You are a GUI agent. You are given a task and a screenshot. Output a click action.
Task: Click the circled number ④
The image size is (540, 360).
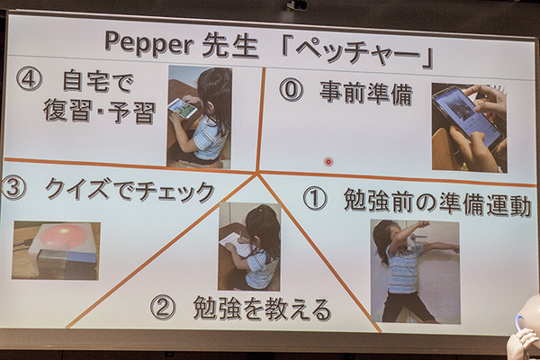[29, 79]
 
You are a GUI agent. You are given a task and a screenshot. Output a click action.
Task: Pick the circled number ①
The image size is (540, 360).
[314, 199]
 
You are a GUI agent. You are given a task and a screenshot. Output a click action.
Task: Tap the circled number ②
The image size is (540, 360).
[162, 308]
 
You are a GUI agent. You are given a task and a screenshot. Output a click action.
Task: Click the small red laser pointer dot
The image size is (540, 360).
[328, 162]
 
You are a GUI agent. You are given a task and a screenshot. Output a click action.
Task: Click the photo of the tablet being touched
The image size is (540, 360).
[468, 127]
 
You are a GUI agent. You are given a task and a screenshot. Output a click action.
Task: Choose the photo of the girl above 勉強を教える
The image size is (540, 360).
[249, 246]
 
